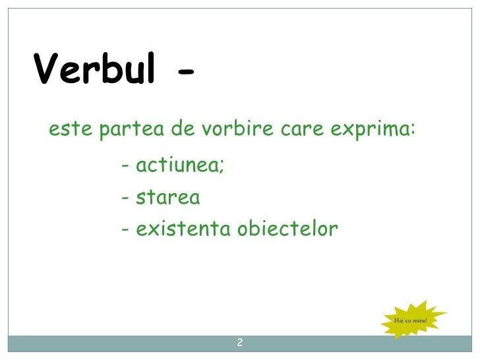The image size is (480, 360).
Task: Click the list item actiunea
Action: (x=177, y=166)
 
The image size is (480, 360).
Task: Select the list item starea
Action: (x=167, y=198)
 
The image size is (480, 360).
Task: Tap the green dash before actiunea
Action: (x=125, y=167)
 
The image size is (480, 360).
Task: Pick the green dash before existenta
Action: (x=125, y=231)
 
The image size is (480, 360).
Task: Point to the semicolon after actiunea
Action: (x=222, y=167)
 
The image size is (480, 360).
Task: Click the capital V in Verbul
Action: (x=47, y=69)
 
